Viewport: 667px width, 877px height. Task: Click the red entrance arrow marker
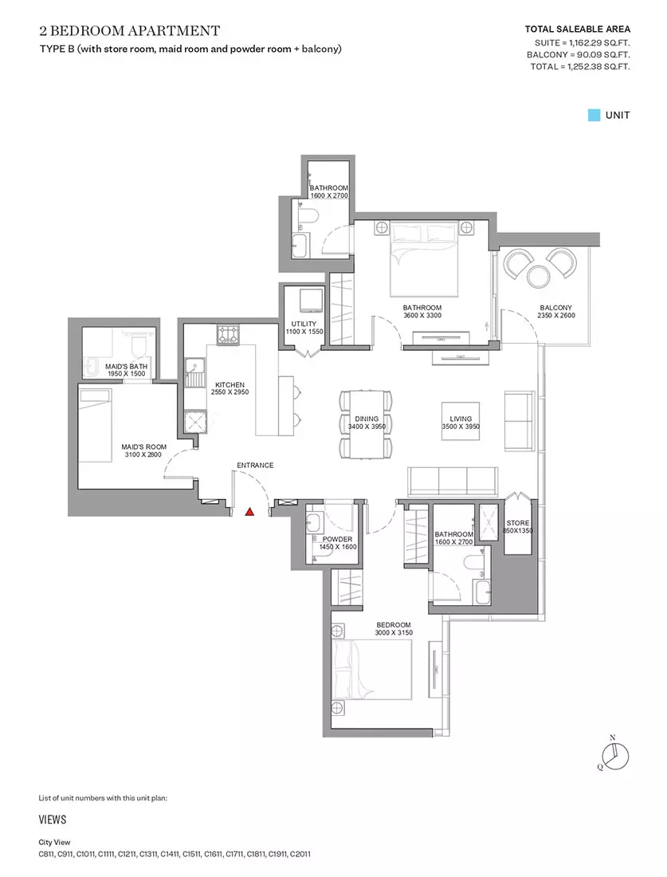[250, 511]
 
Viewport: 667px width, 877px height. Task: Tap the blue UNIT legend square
[594, 116]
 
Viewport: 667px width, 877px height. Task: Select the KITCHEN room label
[230, 385]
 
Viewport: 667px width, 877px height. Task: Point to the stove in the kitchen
[228, 335]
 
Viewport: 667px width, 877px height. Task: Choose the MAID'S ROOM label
[144, 447]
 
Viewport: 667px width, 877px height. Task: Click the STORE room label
[518, 523]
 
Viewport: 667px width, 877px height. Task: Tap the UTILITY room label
[304, 324]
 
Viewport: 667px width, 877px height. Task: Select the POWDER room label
[338, 539]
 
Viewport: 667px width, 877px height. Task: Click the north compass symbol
[616, 756]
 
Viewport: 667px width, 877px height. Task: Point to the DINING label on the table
[367, 419]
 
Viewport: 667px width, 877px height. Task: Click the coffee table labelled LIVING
[461, 421]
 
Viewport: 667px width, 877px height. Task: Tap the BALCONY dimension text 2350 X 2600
[556, 316]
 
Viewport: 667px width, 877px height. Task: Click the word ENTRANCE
[255, 466]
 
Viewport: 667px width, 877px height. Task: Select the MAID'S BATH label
[127, 367]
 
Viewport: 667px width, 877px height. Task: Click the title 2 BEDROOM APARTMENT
[130, 30]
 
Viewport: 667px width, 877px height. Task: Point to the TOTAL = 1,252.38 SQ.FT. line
[580, 66]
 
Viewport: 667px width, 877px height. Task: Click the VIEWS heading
[53, 820]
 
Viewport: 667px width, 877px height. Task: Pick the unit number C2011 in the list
[300, 854]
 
